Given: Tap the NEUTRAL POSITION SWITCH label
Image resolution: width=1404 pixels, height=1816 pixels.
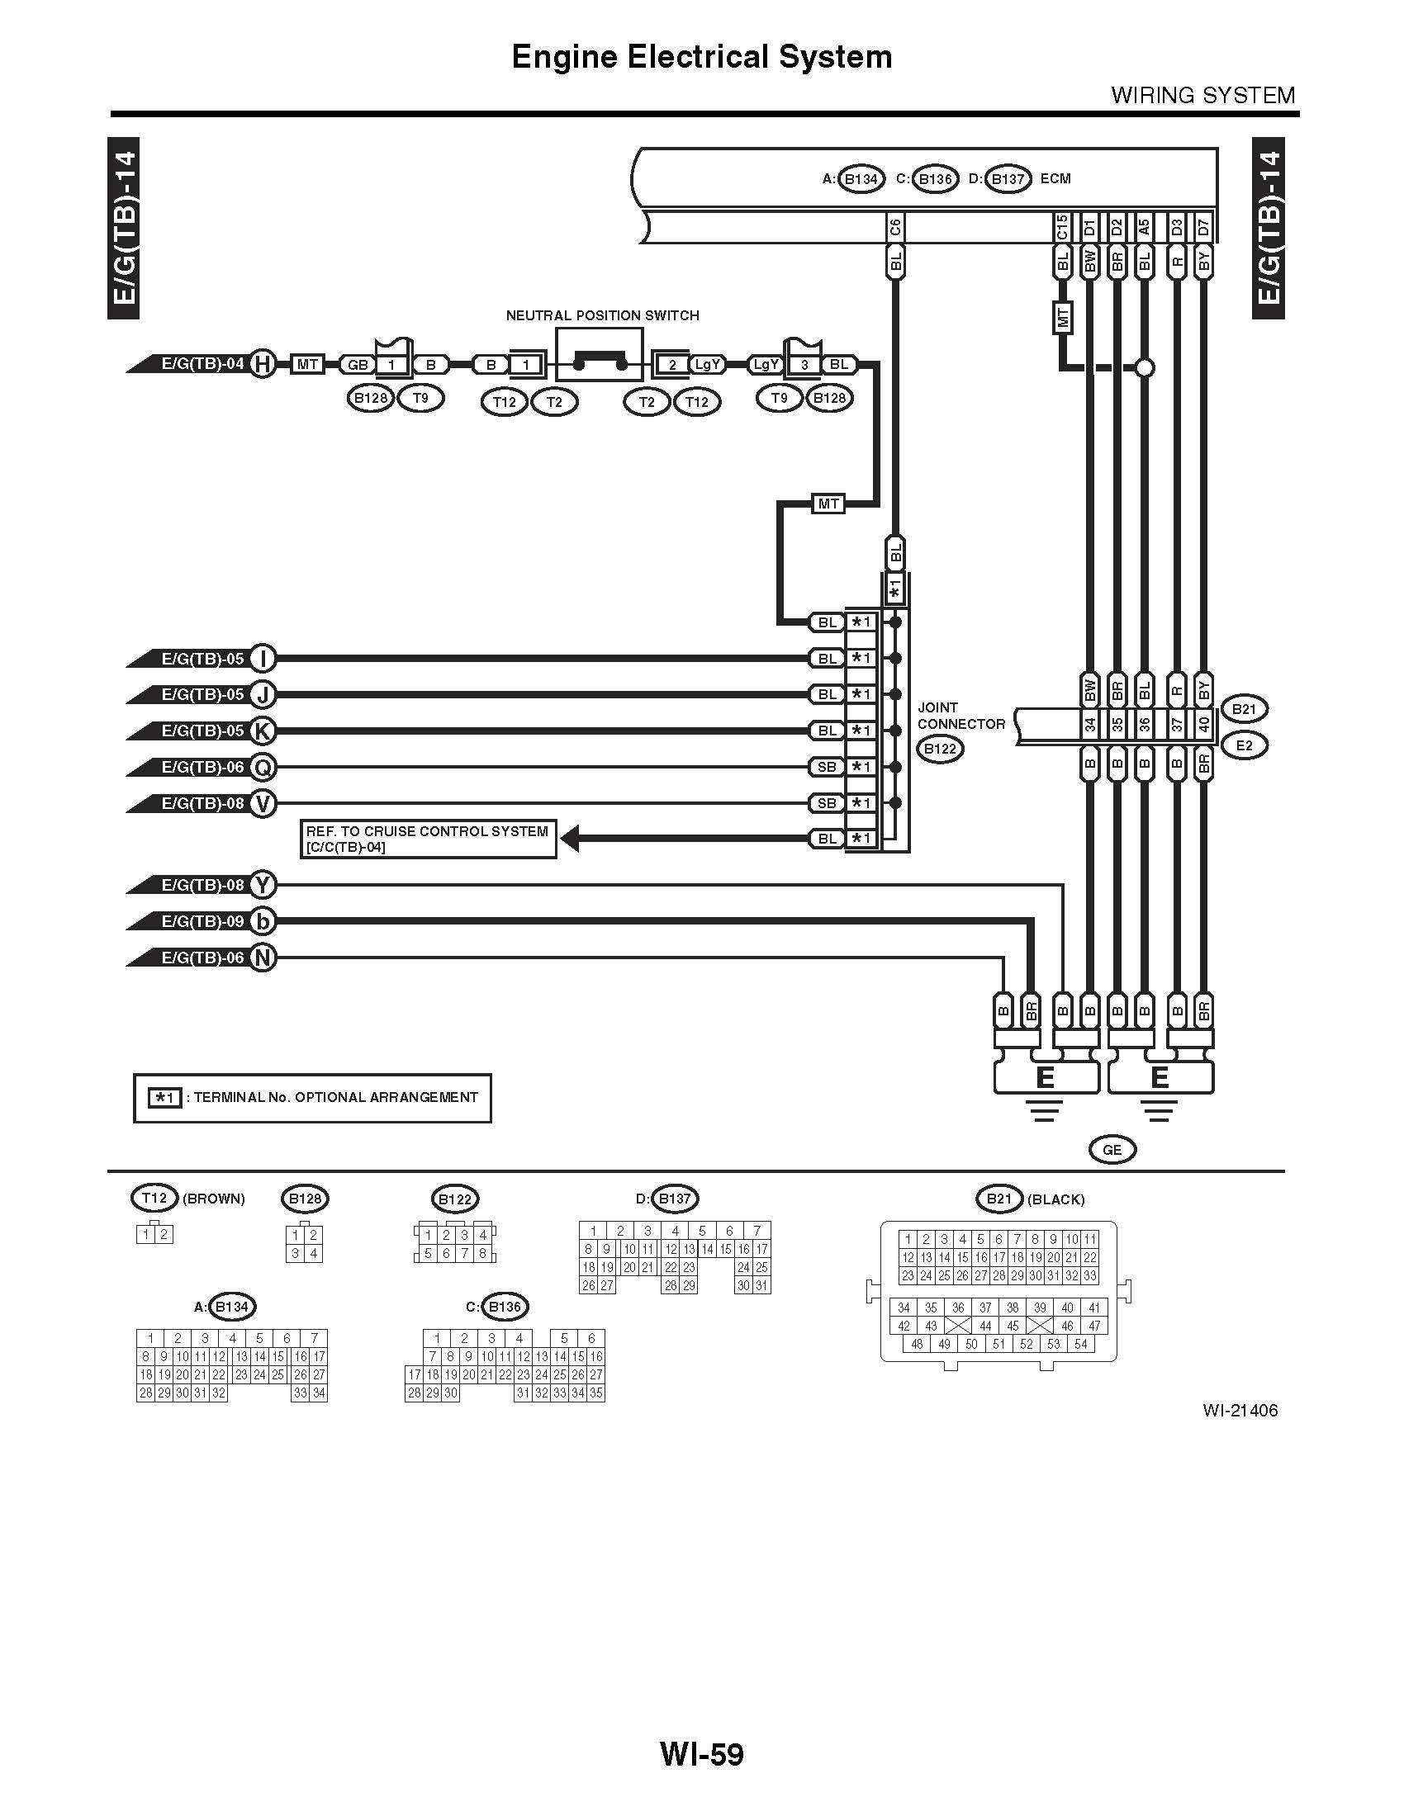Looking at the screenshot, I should tap(602, 316).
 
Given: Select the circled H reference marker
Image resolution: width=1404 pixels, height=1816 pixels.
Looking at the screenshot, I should tap(263, 364).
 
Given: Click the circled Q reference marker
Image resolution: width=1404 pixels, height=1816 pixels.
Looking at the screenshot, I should tap(263, 767).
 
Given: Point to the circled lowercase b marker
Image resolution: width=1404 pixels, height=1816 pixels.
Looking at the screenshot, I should tap(263, 921).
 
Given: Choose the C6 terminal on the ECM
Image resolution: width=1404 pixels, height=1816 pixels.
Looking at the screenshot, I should tap(895, 228).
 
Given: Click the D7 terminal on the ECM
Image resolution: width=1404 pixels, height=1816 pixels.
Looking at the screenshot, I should tap(1203, 228).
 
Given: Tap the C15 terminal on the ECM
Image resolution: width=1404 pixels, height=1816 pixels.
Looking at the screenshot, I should tap(1061, 228).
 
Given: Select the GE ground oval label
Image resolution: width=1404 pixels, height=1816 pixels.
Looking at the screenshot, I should tap(1112, 1150).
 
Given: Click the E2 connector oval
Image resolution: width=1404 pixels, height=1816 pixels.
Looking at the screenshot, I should tap(1244, 746).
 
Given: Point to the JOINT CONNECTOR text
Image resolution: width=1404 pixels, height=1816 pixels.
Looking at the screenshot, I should tap(960, 716).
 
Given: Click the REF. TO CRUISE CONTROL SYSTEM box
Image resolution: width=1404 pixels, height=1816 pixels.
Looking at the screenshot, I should tap(428, 839).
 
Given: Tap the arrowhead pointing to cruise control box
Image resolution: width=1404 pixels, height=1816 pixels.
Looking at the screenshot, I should tap(571, 839).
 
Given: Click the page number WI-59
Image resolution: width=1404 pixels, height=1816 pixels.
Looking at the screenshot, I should tap(701, 1753).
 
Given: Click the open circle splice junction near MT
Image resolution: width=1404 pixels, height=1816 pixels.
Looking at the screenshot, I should tap(1145, 367).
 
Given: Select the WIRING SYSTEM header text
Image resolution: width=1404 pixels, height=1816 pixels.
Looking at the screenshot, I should tap(1202, 96).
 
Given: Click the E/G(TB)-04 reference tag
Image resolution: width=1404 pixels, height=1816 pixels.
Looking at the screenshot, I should tap(202, 364).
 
